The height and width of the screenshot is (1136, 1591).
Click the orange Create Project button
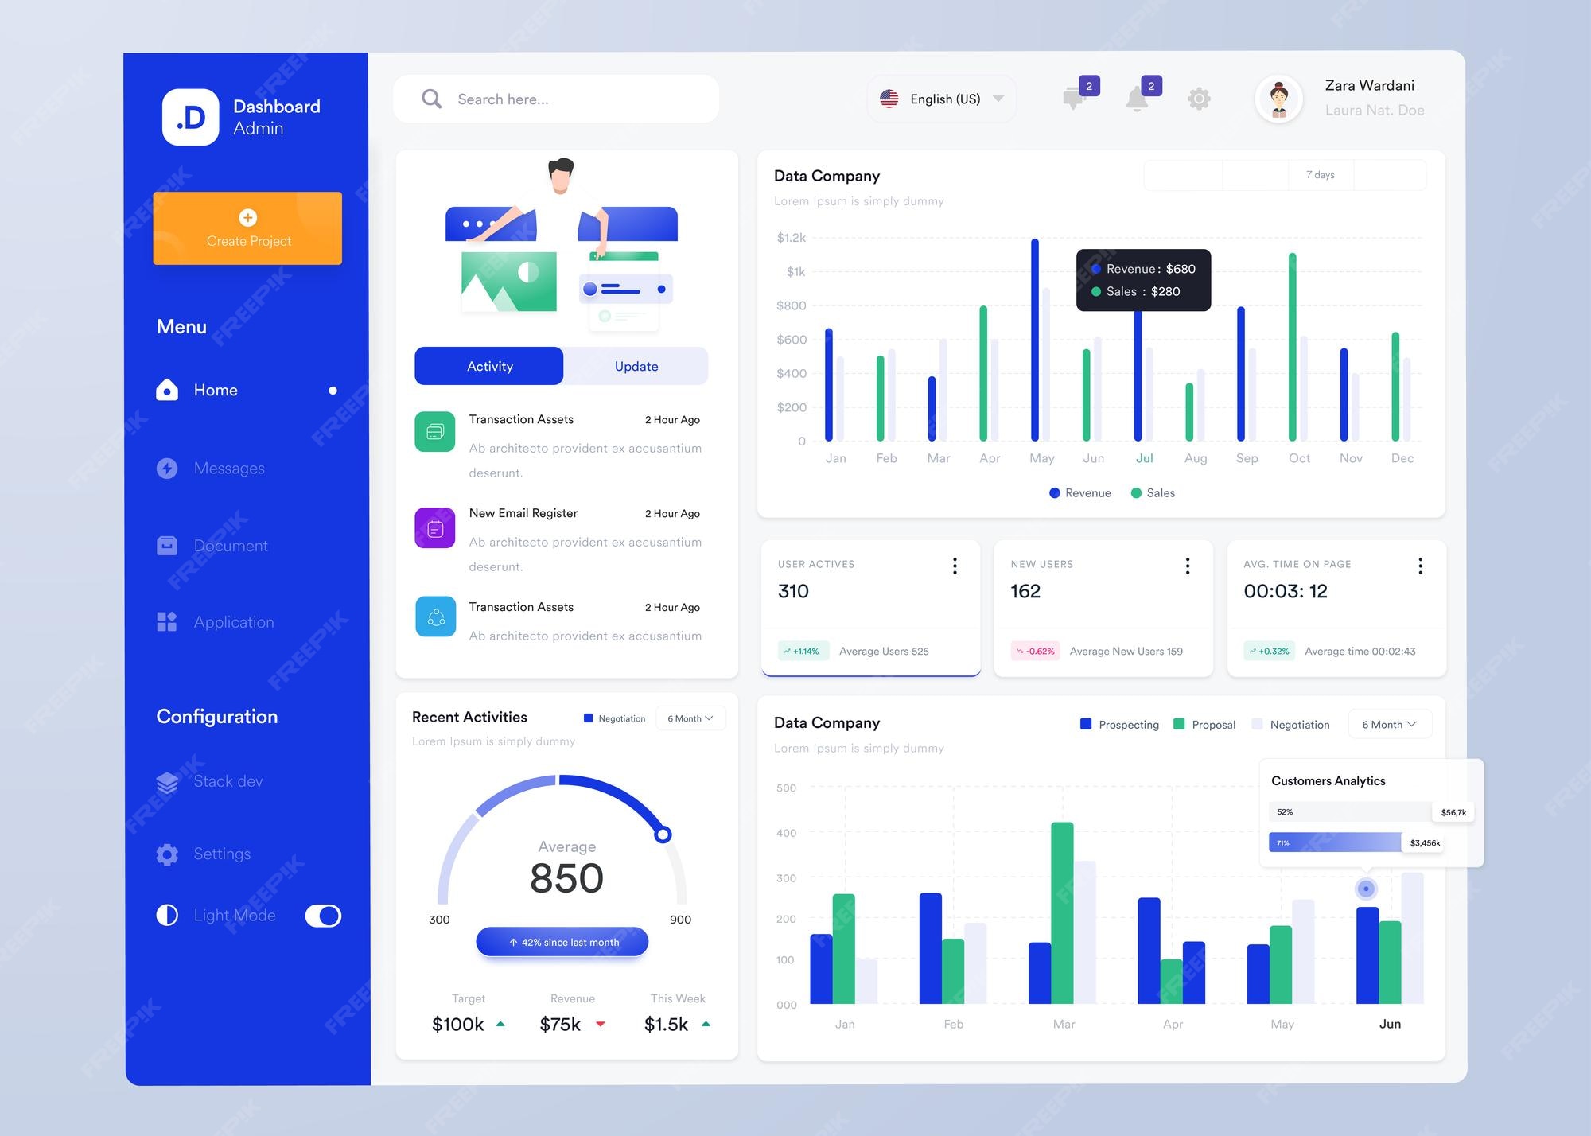pyautogui.click(x=247, y=228)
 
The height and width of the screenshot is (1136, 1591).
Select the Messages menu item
pyautogui.click(x=228, y=469)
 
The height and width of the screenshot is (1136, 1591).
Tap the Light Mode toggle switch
pyautogui.click(x=323, y=916)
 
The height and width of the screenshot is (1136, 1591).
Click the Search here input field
pyautogui.click(x=557, y=99)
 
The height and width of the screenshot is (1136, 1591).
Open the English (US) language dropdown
pyautogui.click(x=942, y=99)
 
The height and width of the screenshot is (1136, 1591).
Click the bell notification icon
pyautogui.click(x=1138, y=99)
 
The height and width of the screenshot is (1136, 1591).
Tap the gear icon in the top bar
pyautogui.click(x=1199, y=99)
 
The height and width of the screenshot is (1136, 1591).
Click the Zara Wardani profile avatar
pyautogui.click(x=1278, y=99)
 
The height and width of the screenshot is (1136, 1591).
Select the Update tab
pyautogui.click(x=636, y=366)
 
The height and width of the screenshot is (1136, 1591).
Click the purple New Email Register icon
pyautogui.click(x=435, y=528)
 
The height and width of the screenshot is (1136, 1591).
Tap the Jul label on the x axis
pyautogui.click(x=1144, y=458)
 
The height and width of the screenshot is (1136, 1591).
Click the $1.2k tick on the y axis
pyautogui.click(x=791, y=238)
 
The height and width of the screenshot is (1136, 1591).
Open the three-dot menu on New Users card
pyautogui.click(x=1187, y=566)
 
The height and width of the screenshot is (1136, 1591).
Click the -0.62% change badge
pyautogui.click(x=1035, y=651)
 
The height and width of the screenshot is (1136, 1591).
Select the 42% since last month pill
pyautogui.click(x=562, y=942)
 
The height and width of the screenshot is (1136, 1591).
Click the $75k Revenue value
pyautogui.click(x=560, y=1025)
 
